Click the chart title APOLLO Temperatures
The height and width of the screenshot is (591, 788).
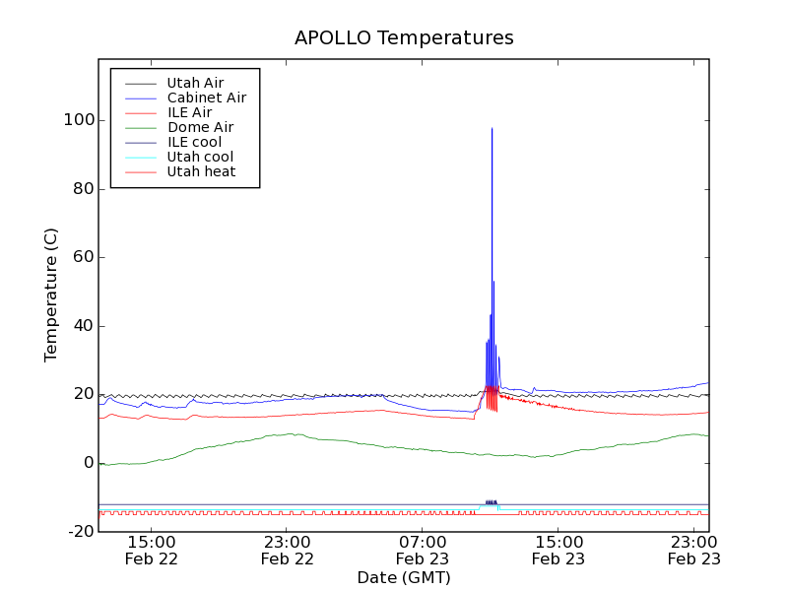404,38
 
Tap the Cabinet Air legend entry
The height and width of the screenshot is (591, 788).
206,98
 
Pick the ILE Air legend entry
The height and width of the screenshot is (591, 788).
189,112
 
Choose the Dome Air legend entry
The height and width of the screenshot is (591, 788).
200,127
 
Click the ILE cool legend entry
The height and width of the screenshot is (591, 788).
194,142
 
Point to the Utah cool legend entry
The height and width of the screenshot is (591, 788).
200,157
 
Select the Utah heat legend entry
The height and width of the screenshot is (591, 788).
200,171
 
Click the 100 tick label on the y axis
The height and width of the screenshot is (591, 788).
78,120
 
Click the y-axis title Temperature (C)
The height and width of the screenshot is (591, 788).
51,295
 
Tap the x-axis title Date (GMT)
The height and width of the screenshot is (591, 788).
404,577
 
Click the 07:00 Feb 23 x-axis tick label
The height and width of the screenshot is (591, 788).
423,550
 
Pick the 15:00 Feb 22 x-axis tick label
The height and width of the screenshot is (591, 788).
152,550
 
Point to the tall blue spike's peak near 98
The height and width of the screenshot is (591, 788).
492,128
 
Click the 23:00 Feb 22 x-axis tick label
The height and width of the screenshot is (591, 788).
288,550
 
